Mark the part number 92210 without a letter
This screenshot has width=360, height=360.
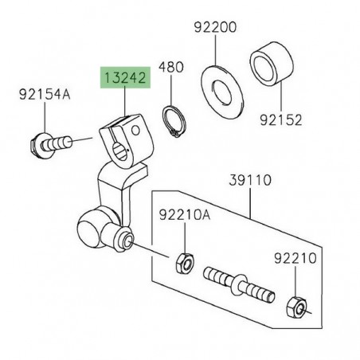295,259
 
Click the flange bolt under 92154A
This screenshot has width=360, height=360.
55,145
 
